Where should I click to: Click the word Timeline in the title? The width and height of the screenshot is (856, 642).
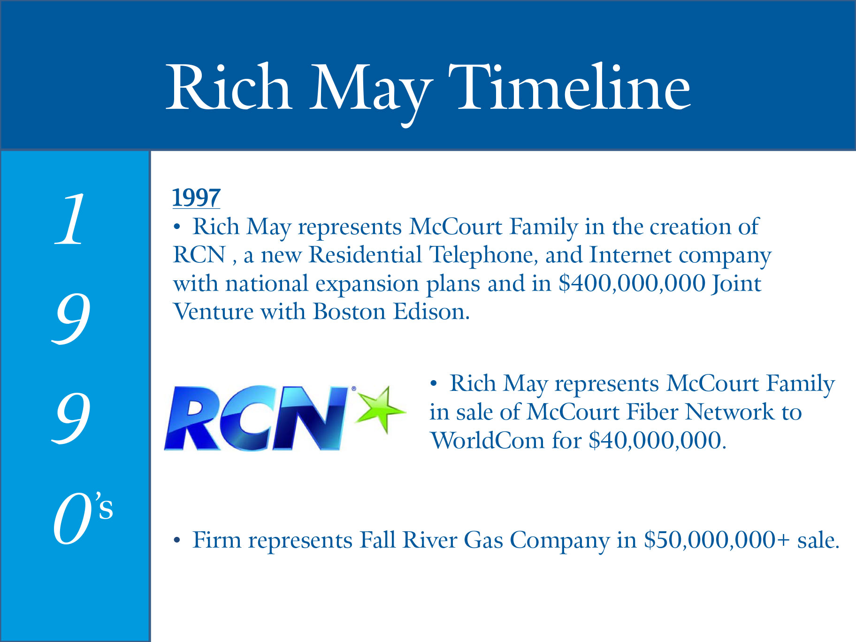click(x=569, y=88)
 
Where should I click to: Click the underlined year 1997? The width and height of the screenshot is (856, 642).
click(x=196, y=198)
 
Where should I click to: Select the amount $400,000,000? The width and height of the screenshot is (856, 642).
click(x=632, y=283)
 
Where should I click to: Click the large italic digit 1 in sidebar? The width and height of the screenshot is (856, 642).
click(x=70, y=219)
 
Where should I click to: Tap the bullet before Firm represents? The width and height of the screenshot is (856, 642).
click(x=176, y=541)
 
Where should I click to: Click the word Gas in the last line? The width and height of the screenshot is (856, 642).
click(x=483, y=540)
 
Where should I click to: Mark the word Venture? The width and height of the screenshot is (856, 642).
click(x=213, y=311)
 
